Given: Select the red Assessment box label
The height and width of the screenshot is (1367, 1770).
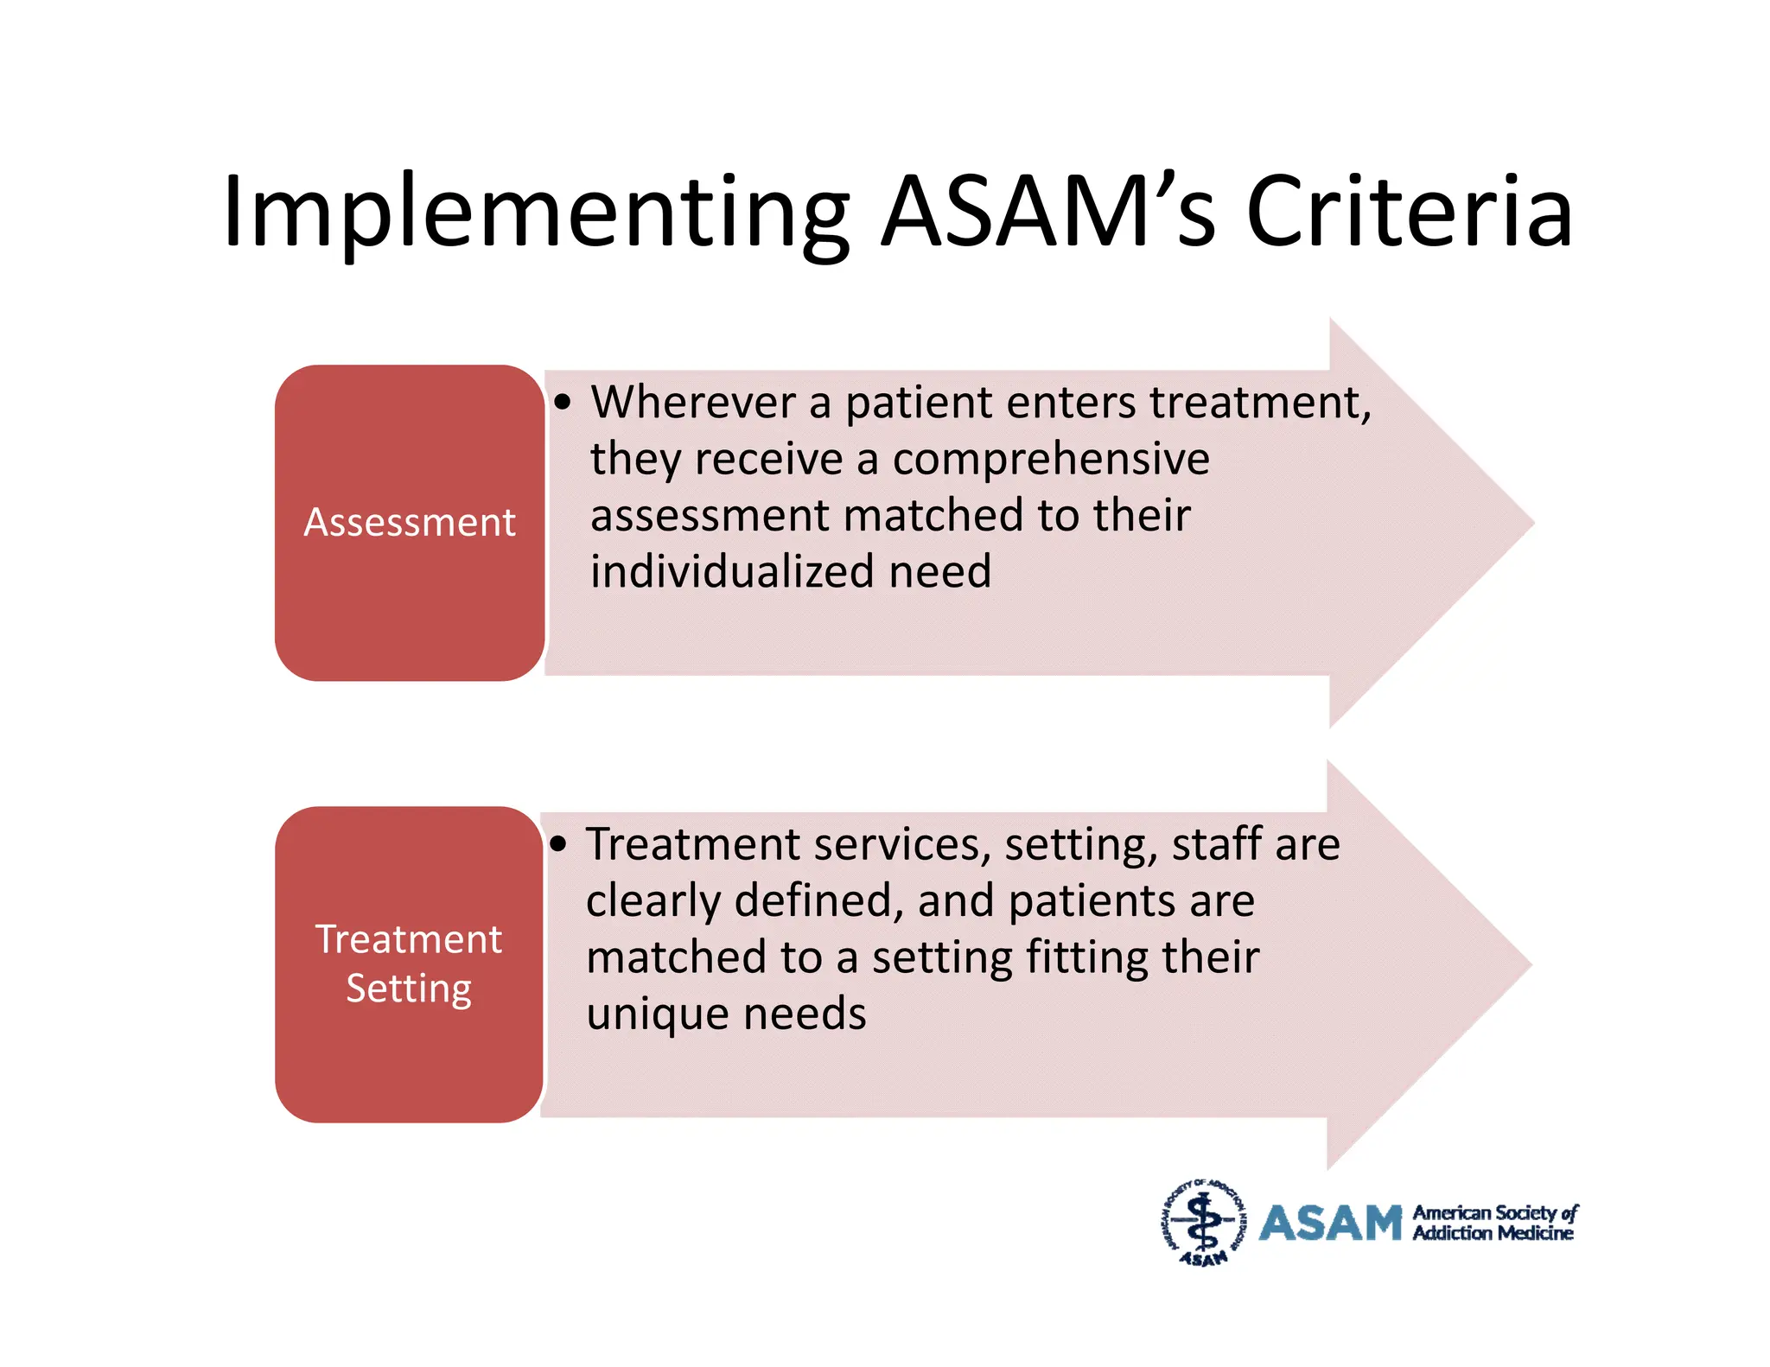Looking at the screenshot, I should pos(410,523).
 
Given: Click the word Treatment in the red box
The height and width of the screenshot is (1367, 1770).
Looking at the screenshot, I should pos(409,939).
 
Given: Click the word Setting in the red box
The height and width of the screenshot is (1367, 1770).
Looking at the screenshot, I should pos(409,989).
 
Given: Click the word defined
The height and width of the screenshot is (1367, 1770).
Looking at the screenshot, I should pos(818,900).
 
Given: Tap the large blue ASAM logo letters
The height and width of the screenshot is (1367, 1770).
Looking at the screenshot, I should pos(1330,1224).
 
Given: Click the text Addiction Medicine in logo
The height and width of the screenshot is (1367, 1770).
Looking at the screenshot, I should pos(1493,1234).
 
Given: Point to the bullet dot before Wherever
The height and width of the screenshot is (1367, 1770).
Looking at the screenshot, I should pos(563,403).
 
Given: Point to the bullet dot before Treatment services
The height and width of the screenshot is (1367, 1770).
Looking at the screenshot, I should pos(559,844).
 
